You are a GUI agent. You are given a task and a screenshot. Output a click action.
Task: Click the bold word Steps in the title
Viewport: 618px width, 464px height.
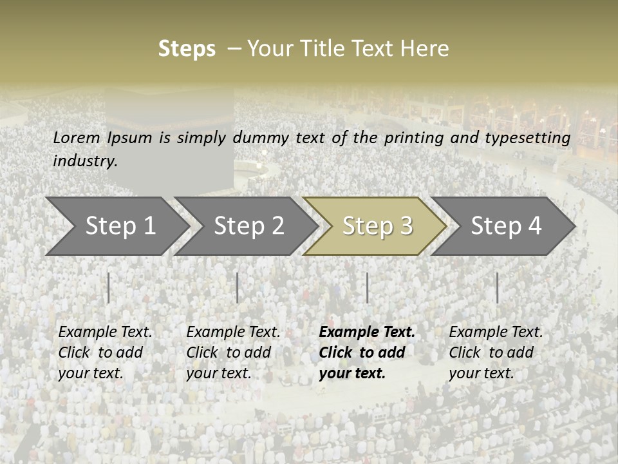pyautogui.click(x=187, y=49)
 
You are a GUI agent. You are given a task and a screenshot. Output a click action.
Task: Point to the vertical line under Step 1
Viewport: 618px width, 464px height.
pyautogui.click(x=109, y=287)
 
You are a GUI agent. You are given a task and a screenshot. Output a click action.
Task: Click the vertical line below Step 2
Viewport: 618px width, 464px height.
pyautogui.click(x=238, y=287)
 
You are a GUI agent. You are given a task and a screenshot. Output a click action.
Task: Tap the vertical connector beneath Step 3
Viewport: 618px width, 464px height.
pyautogui.click(x=368, y=287)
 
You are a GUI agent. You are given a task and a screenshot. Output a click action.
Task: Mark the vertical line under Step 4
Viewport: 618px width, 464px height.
pyautogui.click(x=497, y=287)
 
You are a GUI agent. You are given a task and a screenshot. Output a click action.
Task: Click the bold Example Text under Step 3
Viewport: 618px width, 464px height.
pyautogui.click(x=367, y=333)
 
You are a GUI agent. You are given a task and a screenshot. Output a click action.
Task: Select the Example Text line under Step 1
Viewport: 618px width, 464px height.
pyautogui.click(x=105, y=333)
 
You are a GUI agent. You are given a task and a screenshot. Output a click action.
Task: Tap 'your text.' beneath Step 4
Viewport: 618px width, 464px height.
pyautogui.click(x=481, y=373)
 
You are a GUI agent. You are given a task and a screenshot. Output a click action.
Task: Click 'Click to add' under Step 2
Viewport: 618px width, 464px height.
pyautogui.click(x=229, y=353)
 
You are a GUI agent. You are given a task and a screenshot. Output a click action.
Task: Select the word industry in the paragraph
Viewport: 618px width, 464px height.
pyautogui.click(x=84, y=160)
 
